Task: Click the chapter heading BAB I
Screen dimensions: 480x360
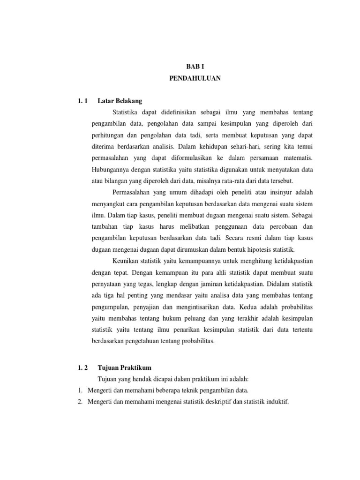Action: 195,67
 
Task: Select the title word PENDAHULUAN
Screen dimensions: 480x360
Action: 195,79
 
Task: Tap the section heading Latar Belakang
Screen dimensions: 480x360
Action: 120,101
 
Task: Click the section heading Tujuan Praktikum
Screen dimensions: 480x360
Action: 124,367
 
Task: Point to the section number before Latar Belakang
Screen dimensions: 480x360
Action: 83,101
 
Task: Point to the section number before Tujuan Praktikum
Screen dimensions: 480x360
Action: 83,367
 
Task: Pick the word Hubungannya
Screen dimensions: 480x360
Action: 111,169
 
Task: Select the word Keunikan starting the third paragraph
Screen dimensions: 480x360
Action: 126,261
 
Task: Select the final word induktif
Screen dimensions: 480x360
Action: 276,401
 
